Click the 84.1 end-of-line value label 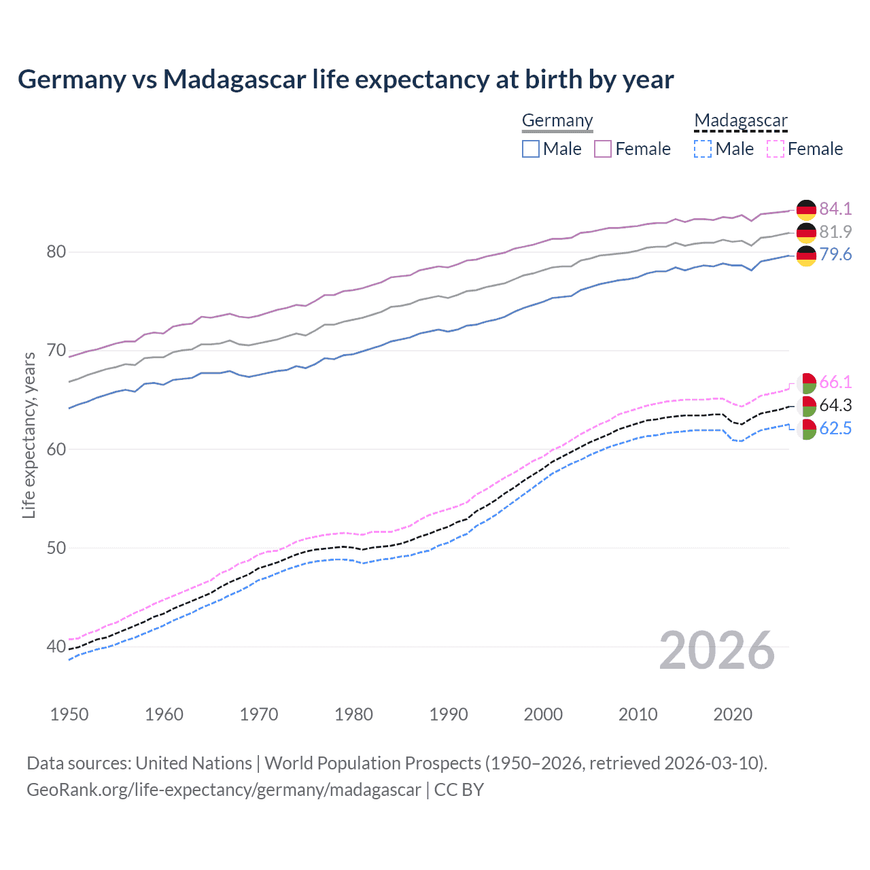(x=835, y=209)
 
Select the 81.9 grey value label (x=835, y=232)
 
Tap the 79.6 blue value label (x=835, y=254)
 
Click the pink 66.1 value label (x=835, y=382)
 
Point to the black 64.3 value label (x=835, y=405)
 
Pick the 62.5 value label (x=835, y=428)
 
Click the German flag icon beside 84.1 (x=806, y=209)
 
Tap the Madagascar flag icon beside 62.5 (x=807, y=429)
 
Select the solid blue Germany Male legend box (x=531, y=149)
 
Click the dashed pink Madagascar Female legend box (x=776, y=149)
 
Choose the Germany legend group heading (x=557, y=120)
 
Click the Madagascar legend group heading (x=741, y=120)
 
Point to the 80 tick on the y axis (x=56, y=252)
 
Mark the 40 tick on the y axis (x=56, y=646)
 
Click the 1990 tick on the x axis (x=449, y=714)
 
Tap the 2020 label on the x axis (x=733, y=714)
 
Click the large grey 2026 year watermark (x=717, y=650)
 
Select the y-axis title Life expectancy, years (x=29, y=435)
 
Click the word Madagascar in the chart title (x=234, y=80)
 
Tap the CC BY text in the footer (x=459, y=790)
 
